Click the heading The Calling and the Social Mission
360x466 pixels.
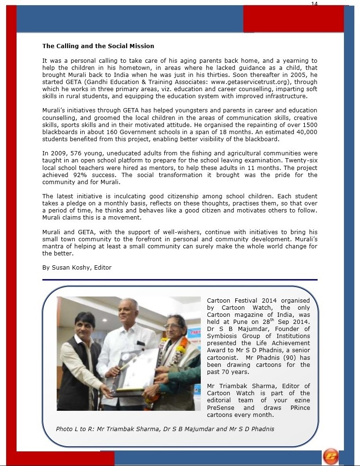click(98, 46)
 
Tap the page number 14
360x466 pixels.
click(315, 4)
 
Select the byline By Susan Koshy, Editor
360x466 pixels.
click(77, 267)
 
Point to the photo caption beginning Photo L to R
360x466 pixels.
click(165, 429)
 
